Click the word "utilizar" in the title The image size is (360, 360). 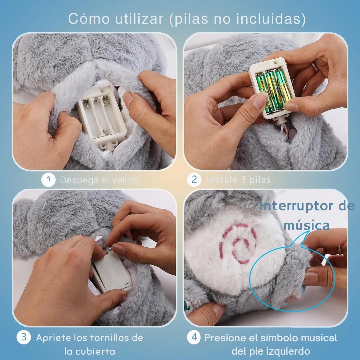pyautogui.click(x=139, y=19)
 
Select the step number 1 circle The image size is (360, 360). pyautogui.click(x=48, y=180)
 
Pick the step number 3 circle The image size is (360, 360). pyautogui.click(x=24, y=337)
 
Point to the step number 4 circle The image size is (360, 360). pyautogui.click(x=194, y=337)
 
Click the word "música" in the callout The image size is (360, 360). pyautogui.click(x=307, y=225)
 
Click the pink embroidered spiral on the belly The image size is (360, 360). pyautogui.click(x=237, y=244)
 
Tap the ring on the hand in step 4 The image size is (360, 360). pyautogui.click(x=339, y=250)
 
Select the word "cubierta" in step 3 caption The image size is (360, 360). pyautogui.click(x=90, y=351)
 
